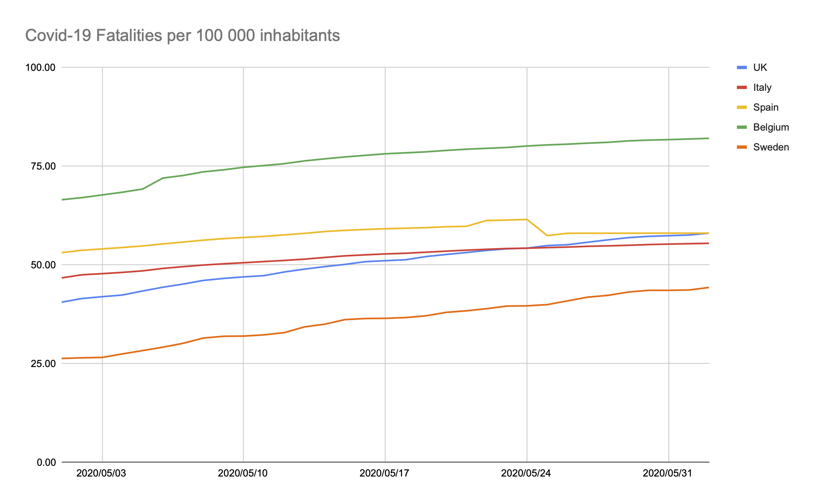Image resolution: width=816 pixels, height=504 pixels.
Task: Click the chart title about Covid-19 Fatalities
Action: tap(182, 36)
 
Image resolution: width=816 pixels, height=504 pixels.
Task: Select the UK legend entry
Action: tap(760, 68)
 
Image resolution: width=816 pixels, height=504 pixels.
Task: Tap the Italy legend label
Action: tap(762, 88)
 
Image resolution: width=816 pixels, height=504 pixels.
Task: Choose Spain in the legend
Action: tap(765, 107)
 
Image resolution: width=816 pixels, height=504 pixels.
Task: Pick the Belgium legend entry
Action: tap(771, 127)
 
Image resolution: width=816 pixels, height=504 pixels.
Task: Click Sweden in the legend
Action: tap(771, 147)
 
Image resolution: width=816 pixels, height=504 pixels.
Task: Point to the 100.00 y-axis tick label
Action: tap(40, 67)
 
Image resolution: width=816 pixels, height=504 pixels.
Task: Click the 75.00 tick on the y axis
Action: tap(43, 166)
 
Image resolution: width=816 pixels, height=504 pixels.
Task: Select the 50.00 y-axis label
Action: tap(43, 265)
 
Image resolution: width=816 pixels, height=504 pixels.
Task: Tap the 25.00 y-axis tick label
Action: tap(43, 363)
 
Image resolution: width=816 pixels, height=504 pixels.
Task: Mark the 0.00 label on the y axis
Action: tap(46, 462)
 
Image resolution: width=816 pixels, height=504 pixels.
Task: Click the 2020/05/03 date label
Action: tap(102, 473)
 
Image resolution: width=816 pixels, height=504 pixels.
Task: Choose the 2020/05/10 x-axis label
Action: tap(243, 473)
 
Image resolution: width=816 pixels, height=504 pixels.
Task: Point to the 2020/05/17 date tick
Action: tap(385, 473)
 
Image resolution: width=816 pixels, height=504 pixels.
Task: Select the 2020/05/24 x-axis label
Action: tap(527, 473)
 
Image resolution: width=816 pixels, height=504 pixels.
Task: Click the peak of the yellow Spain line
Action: tap(527, 219)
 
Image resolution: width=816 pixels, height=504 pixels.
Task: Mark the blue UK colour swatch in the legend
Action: tap(741, 68)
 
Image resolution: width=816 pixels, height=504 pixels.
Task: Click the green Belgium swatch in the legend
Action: tap(741, 127)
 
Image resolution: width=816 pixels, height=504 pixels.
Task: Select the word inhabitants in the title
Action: tap(300, 36)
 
